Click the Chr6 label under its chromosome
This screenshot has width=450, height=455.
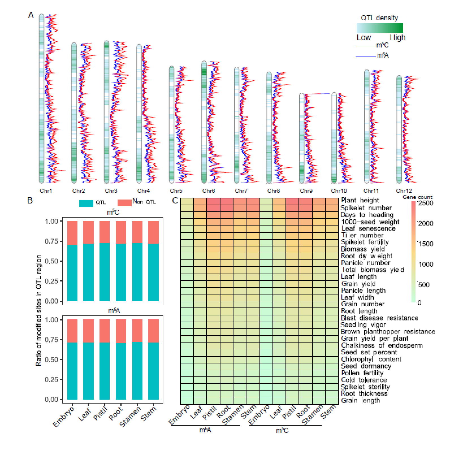click(x=209, y=191)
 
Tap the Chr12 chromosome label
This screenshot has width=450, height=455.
click(x=404, y=191)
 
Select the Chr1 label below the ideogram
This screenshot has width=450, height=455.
click(x=46, y=191)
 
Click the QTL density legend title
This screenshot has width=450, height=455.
click(x=379, y=18)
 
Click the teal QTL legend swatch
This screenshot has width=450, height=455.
click(x=86, y=203)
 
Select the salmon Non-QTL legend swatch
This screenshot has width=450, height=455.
click(x=124, y=203)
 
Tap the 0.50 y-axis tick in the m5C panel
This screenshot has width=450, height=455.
click(x=51, y=261)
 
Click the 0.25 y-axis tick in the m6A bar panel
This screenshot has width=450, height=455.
click(x=51, y=380)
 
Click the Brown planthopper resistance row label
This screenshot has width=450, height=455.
click(x=388, y=331)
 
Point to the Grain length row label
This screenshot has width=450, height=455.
click(x=360, y=400)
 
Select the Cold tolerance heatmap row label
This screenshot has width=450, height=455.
click(x=364, y=380)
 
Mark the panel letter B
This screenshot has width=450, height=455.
click(x=30, y=201)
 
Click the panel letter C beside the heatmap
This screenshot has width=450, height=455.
click(x=175, y=201)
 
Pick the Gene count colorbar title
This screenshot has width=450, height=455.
click(x=417, y=197)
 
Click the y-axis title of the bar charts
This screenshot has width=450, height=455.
click(x=39, y=310)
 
